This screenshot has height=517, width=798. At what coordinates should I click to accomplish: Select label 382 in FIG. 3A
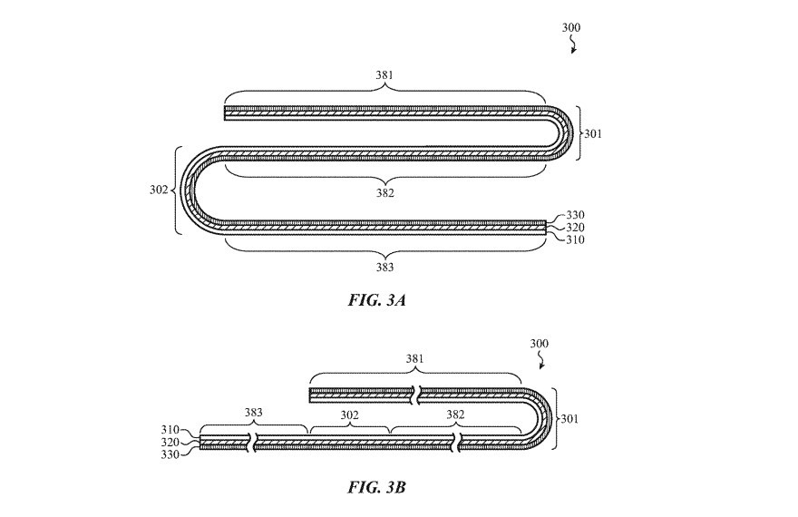[x=386, y=192]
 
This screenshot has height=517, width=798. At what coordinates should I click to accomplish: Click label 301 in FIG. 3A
[x=593, y=133]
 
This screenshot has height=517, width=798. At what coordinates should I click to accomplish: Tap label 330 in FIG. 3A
[x=575, y=215]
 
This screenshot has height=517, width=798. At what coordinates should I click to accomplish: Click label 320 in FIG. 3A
[x=575, y=228]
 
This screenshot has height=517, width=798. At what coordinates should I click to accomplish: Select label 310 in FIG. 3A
[x=575, y=240]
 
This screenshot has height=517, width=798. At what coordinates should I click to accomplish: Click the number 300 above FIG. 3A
[x=570, y=28]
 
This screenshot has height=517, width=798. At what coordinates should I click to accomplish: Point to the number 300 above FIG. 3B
[x=539, y=345]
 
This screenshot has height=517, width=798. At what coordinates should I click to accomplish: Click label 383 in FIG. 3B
[x=253, y=413]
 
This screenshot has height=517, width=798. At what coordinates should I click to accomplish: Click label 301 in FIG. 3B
[x=569, y=419]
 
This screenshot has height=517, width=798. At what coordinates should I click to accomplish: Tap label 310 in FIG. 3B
[x=171, y=430]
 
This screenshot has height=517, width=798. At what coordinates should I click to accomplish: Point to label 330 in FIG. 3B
[x=171, y=454]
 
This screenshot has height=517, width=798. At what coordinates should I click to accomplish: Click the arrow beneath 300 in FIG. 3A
[x=572, y=47]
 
